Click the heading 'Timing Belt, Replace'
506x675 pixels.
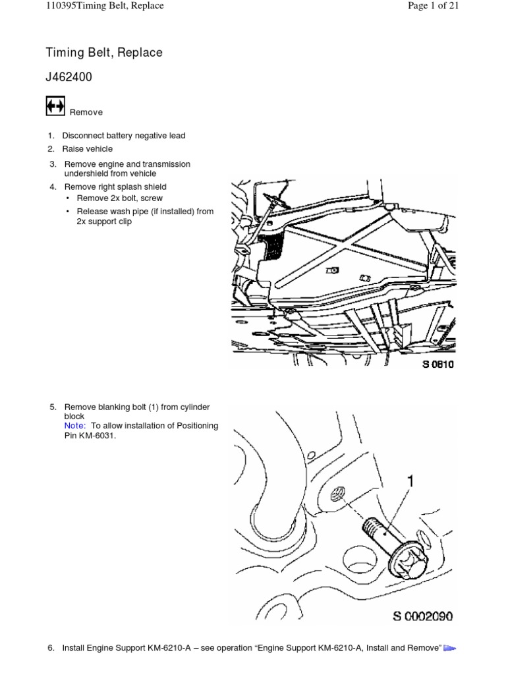(103, 53)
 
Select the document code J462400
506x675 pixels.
(69, 77)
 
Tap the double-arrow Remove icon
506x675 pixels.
(55, 106)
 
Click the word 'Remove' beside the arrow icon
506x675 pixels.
(86, 112)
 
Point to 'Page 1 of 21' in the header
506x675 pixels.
(433, 6)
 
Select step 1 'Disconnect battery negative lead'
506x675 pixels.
(124, 136)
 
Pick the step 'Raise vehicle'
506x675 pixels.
(88, 149)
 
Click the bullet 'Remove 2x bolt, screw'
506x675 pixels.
(120, 198)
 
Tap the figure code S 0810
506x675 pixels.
(438, 364)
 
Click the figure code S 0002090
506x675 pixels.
(423, 616)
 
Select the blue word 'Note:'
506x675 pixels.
(74, 426)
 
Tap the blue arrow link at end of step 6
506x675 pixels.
(450, 649)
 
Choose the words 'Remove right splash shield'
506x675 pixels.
(115, 187)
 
